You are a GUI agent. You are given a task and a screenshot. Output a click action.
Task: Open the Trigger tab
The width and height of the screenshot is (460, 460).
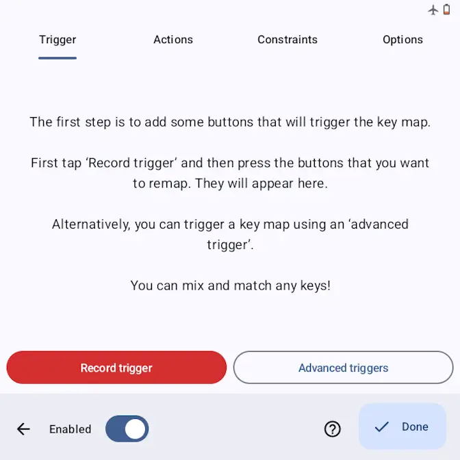click(x=57, y=40)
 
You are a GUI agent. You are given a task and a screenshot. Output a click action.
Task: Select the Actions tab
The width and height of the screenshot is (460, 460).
click(x=173, y=40)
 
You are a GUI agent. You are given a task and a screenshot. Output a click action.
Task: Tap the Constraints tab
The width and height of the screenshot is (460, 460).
click(x=287, y=40)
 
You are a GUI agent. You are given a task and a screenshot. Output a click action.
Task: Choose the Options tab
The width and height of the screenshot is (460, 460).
click(x=402, y=40)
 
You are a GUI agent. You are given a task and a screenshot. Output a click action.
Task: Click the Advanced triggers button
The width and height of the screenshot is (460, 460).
click(x=343, y=368)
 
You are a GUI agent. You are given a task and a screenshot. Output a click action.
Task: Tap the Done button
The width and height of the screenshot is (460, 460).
click(x=402, y=426)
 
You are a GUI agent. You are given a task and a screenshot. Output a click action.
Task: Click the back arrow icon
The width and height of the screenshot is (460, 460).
click(x=23, y=429)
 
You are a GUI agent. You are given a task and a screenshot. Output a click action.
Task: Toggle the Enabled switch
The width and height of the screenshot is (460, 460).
click(x=127, y=429)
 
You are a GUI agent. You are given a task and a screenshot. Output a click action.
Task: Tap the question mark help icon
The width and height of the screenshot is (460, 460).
click(x=333, y=429)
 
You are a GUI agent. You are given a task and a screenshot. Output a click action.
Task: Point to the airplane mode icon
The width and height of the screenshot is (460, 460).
click(x=433, y=10)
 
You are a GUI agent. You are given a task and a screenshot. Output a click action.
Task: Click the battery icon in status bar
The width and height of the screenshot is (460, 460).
click(x=446, y=10)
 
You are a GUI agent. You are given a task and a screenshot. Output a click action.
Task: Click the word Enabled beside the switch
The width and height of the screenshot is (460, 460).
click(x=70, y=429)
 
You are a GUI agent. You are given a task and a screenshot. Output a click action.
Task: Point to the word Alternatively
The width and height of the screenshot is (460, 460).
click(x=91, y=225)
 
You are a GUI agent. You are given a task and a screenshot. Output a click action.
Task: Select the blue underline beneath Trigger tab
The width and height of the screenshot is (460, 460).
click(x=57, y=58)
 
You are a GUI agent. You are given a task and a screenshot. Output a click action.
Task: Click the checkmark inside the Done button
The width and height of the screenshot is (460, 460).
click(x=382, y=426)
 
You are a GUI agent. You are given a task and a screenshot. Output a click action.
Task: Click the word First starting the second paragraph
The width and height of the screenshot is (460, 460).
click(x=42, y=163)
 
